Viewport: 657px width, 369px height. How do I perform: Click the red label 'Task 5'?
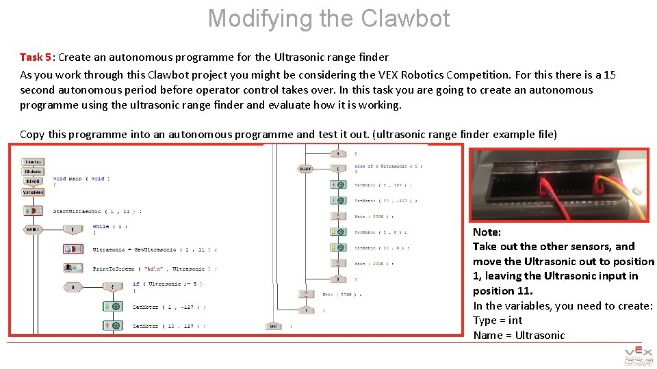(35, 57)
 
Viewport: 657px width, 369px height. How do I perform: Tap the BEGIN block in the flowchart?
(34, 182)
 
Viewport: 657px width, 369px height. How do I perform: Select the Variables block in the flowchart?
(34, 193)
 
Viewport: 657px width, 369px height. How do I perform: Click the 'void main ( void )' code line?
(81, 179)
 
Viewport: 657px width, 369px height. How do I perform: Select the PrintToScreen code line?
(155, 269)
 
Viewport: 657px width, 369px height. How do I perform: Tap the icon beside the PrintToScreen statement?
(73, 269)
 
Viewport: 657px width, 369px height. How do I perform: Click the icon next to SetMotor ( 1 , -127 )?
(112, 307)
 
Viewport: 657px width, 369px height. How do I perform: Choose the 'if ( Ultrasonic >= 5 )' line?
(167, 284)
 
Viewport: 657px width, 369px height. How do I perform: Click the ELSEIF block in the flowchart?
(305, 169)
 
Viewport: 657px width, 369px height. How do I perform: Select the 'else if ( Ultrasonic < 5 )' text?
(388, 166)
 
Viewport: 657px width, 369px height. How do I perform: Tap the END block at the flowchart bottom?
(273, 327)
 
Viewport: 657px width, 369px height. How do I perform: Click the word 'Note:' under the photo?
(487, 232)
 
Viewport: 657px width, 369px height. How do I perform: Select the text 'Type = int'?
(497, 320)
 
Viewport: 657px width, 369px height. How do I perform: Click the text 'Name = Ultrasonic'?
(518, 336)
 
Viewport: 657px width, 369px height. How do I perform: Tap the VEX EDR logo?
(638, 356)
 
